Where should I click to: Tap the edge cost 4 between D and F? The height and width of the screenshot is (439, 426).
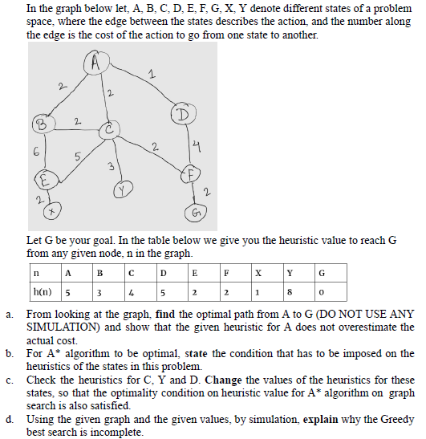pyautogui.click(x=196, y=144)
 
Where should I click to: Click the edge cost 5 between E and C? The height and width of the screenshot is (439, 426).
pyautogui.click(x=77, y=157)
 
